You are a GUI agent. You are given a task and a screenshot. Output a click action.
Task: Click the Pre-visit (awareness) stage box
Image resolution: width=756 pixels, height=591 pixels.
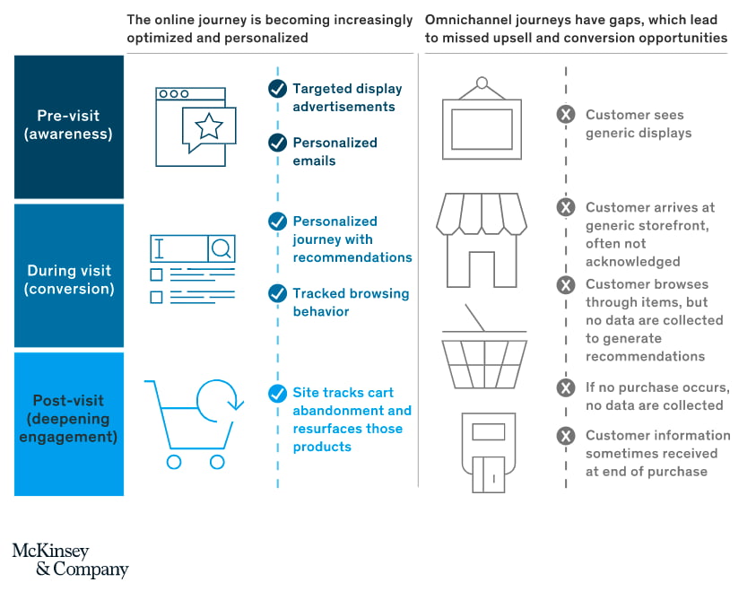(x=68, y=126)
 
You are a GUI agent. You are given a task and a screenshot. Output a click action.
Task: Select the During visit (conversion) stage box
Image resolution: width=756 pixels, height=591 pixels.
(x=68, y=276)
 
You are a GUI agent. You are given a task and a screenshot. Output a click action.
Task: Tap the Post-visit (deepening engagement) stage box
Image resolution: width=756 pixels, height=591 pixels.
(x=68, y=422)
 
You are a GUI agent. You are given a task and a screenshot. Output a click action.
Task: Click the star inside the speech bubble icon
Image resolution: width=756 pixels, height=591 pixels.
(x=209, y=126)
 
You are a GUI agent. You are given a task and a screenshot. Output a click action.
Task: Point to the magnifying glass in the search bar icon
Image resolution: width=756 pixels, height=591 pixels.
(x=222, y=247)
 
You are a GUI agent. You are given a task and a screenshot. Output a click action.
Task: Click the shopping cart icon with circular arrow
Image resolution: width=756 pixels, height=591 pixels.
(x=194, y=422)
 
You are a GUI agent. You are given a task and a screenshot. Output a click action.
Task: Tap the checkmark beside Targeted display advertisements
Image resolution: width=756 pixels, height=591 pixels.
(x=277, y=89)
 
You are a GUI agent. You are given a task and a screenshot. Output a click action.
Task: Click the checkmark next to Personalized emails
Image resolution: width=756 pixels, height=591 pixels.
(x=277, y=143)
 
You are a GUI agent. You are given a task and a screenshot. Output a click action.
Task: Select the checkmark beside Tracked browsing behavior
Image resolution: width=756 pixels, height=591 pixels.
(x=277, y=293)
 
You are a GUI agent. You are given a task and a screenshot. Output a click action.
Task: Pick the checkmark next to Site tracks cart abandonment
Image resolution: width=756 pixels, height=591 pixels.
(x=277, y=393)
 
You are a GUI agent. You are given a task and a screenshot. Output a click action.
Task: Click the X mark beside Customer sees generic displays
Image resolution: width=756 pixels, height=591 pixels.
(x=566, y=115)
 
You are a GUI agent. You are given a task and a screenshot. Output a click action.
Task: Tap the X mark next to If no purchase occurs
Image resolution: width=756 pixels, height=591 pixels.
(x=566, y=387)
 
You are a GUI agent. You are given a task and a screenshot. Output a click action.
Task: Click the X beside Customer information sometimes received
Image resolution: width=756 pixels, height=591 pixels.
(x=566, y=436)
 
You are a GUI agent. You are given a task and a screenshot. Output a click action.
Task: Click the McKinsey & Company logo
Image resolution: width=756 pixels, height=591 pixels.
(x=70, y=561)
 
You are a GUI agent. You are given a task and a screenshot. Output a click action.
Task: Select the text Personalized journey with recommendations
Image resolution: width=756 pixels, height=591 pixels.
(x=352, y=239)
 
